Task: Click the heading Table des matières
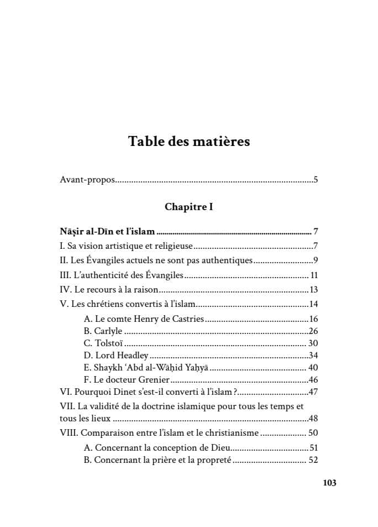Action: coord(189,141)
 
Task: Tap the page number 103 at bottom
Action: coord(329,483)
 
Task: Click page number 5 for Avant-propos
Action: coord(316,180)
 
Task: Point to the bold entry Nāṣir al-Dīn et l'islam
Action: coord(107,232)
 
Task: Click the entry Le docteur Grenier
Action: coord(125,380)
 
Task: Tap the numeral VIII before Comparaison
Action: coord(69,433)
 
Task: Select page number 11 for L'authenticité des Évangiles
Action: coord(314,275)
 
